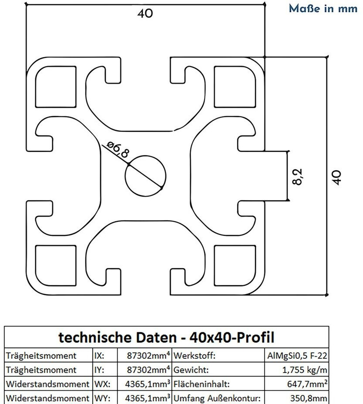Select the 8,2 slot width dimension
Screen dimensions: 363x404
[298, 176]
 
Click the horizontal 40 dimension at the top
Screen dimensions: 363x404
[145, 13]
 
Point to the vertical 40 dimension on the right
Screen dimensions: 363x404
[336, 177]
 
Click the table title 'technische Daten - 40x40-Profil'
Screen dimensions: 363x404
[166, 337]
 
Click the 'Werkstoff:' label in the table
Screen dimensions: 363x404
[195, 356]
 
